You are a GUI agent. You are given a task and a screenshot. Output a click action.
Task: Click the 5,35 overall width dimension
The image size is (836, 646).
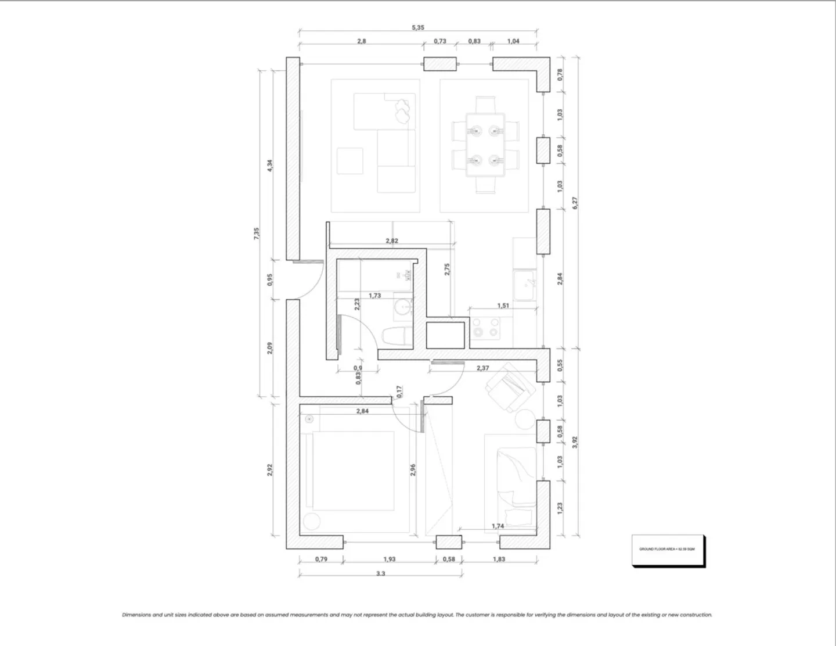pos(418,27)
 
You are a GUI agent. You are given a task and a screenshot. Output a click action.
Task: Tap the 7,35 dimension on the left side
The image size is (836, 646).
pos(257,234)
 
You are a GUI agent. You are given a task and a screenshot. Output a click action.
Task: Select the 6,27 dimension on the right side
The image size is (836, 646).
pos(575,203)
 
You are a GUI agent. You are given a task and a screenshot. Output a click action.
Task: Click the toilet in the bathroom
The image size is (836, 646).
pos(396,338)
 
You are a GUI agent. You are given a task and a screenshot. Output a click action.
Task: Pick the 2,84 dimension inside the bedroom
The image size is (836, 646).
pos(362,411)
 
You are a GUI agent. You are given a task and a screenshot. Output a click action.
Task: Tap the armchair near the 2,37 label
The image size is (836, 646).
pos(509,386)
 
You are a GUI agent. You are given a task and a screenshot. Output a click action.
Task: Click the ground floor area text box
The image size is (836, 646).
pos(667,549)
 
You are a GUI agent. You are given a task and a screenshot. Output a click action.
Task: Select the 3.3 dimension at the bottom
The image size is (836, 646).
pos(381,573)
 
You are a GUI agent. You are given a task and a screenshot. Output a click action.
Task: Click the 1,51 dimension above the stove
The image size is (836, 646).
pos(503,306)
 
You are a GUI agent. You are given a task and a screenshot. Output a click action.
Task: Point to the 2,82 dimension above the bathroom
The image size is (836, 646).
pos(392,241)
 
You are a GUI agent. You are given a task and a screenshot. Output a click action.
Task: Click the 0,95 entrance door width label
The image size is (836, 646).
pos(270,280)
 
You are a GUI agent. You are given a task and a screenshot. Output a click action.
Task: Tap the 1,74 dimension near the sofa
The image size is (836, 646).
pos(498,526)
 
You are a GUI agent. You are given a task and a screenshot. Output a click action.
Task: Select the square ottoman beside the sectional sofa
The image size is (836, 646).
pos(350,161)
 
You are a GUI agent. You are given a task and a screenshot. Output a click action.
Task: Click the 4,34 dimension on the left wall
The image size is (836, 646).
pos(269,165)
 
